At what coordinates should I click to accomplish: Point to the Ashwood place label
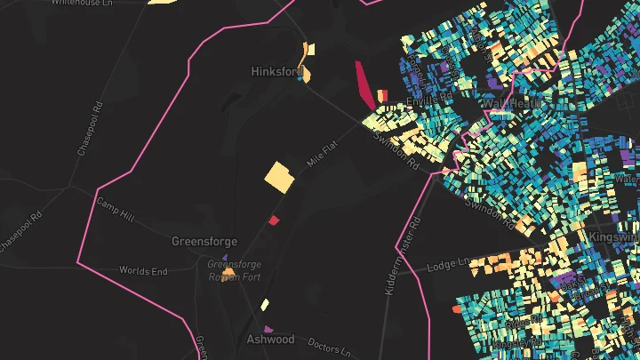point(270,340)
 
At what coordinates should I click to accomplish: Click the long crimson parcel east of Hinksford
point(364,85)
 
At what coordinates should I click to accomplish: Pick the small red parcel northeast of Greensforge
point(274,220)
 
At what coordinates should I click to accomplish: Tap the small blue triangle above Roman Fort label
point(224,258)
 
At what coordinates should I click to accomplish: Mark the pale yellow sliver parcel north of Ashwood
point(265,305)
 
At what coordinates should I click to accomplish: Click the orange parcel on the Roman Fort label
point(228,273)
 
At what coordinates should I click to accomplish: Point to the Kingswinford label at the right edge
point(613,238)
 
